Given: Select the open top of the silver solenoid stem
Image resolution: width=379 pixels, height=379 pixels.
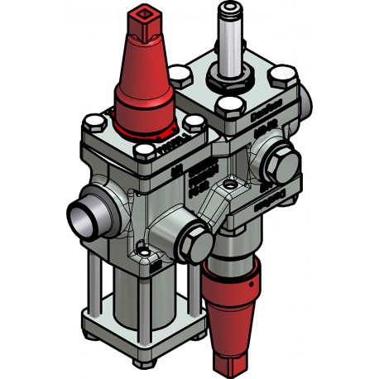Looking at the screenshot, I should point(229,10).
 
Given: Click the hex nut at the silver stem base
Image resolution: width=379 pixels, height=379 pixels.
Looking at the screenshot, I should point(229,82).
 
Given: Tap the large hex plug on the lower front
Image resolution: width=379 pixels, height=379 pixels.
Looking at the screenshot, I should point(193,237).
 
